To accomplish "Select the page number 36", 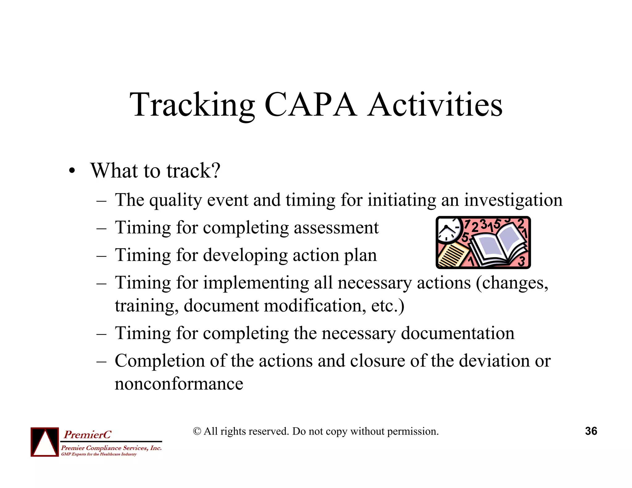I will point(591,431).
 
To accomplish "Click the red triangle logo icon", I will point(45,442).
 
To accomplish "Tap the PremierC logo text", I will point(87,435).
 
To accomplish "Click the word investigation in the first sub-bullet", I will point(513,201).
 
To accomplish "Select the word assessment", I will point(336,228).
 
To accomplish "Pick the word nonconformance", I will point(179,384).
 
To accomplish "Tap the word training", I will point(147,306).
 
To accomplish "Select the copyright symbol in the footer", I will point(197,431).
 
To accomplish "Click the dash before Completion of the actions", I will point(101,361).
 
